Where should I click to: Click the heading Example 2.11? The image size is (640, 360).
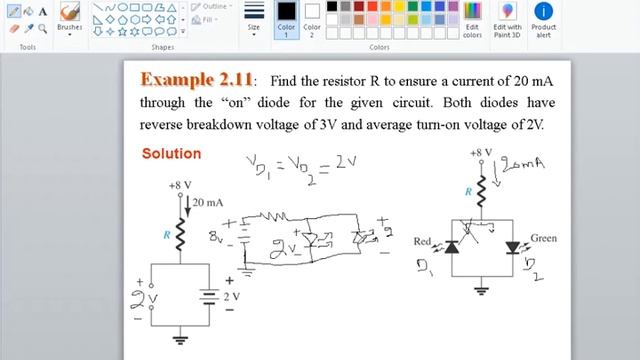click(197, 79)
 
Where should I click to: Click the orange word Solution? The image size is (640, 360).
click(171, 154)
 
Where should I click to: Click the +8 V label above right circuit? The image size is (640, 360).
click(481, 153)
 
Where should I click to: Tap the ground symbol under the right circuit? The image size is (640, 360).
click(482, 292)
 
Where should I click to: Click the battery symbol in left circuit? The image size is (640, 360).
click(209, 297)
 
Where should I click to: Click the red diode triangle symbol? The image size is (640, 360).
click(451, 246)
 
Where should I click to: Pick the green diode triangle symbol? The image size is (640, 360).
click(513, 246)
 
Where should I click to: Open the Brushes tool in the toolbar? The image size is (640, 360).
click(70, 17)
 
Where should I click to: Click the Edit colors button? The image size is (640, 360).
click(472, 19)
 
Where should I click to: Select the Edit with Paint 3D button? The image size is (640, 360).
click(507, 19)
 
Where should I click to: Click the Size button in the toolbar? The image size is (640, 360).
click(254, 18)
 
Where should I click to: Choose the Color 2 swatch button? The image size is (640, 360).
click(312, 18)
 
